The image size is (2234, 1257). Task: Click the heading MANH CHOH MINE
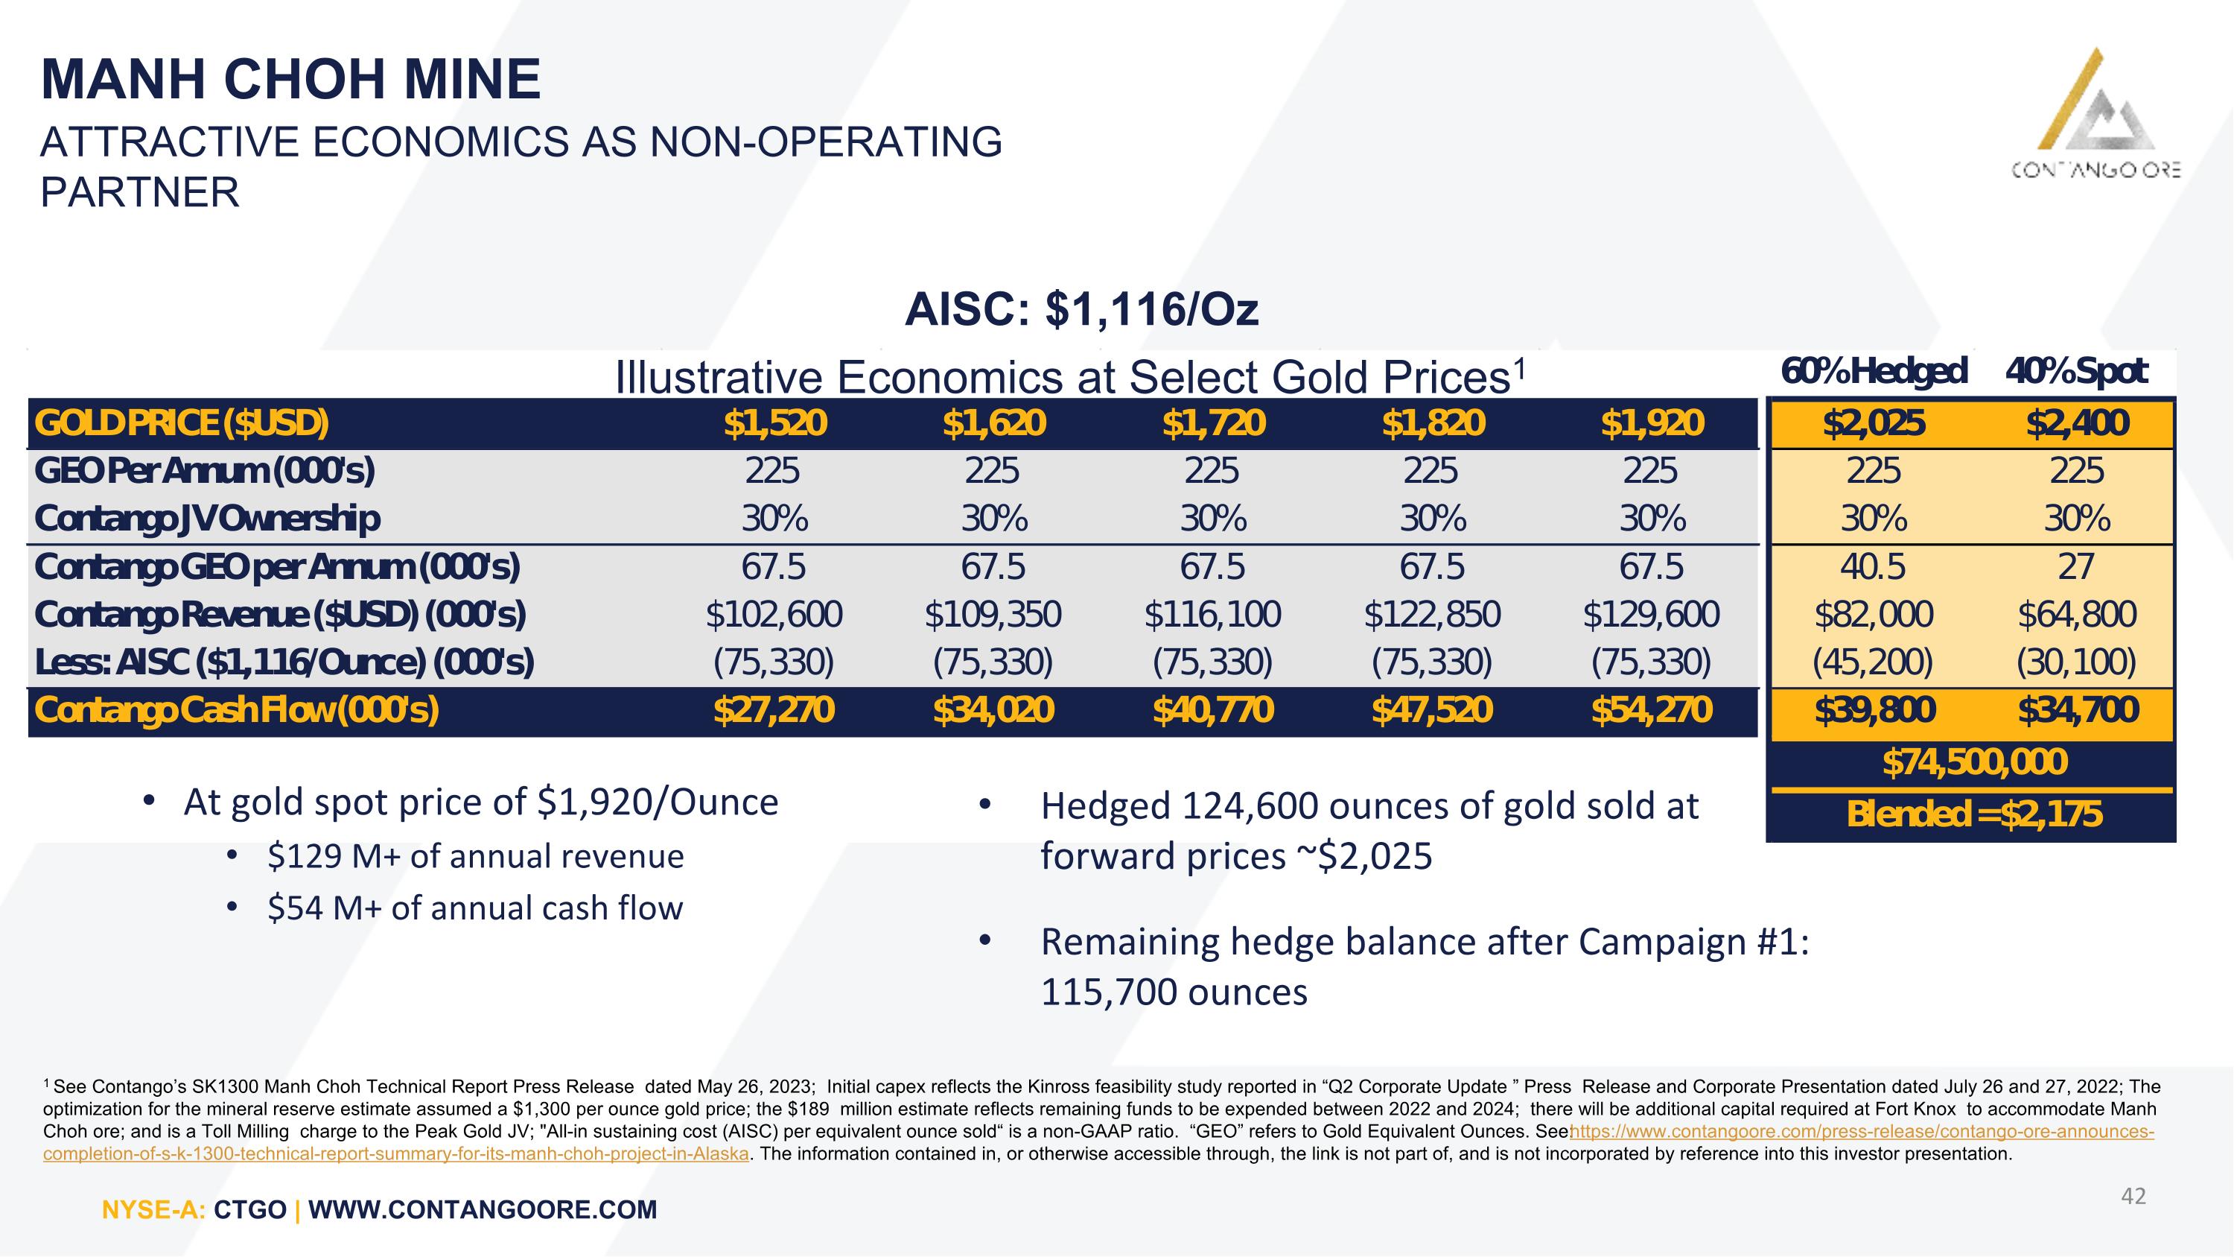291,80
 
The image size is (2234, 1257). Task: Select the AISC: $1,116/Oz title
1081,310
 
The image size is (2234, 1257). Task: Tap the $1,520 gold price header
775,423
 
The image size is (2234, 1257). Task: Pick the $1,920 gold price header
1652,423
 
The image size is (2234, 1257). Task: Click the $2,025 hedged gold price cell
1874,423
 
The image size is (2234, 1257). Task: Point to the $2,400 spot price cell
2077,423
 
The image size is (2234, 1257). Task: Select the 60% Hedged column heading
1874,371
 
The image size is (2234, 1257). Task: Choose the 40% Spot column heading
2076,371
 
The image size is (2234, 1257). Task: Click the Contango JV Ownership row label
207,519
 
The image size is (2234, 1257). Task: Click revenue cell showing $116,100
1212,615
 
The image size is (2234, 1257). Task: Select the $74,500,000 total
1975,762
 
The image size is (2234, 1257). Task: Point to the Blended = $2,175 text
1975,814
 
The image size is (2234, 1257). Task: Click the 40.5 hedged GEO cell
1874,567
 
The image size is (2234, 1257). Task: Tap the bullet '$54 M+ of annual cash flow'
475,908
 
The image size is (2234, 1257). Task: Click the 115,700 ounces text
1174,992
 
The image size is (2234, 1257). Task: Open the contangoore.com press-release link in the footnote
1098,1143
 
